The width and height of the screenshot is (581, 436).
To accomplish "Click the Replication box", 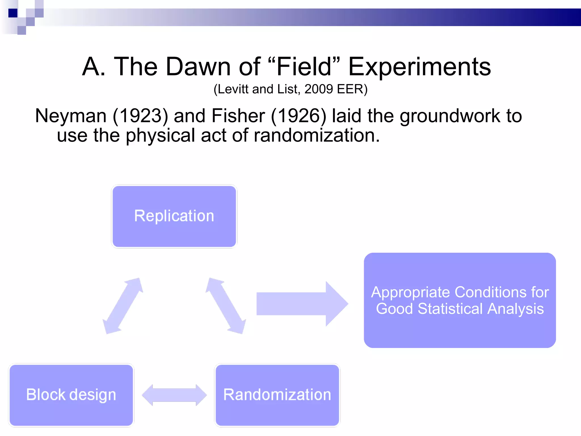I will [x=174, y=216].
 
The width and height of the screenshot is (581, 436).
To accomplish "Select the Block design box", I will [x=71, y=395].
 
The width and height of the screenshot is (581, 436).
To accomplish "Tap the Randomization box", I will [x=277, y=395].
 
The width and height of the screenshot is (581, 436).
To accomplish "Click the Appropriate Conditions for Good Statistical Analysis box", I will [x=460, y=300].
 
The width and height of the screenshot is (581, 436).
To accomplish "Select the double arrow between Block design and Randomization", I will [x=174, y=395].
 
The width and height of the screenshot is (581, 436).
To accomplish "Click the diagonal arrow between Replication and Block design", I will [x=123, y=306].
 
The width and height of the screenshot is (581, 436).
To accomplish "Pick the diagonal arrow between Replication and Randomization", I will [x=226, y=306].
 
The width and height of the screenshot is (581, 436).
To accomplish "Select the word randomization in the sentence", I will [x=316, y=135].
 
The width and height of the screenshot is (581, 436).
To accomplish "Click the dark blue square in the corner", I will [x=13, y=13].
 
